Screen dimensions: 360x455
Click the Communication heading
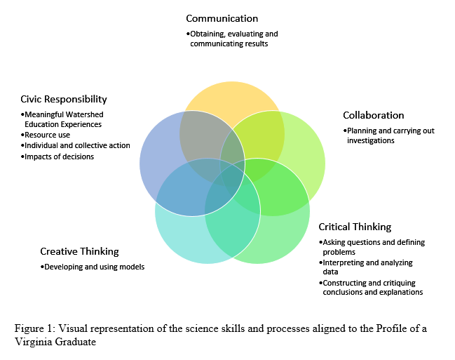coord(222,18)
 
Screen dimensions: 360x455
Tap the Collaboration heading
coord(373,115)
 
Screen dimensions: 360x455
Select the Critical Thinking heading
coord(355,227)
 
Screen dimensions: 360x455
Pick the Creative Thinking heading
coord(79,251)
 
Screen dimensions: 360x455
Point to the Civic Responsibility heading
coord(64,99)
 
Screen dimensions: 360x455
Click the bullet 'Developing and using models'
coord(93,267)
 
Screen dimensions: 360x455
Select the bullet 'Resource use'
coord(48,135)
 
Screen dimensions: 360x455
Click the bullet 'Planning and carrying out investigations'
coord(379,135)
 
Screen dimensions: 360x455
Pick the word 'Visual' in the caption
coord(74,327)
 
